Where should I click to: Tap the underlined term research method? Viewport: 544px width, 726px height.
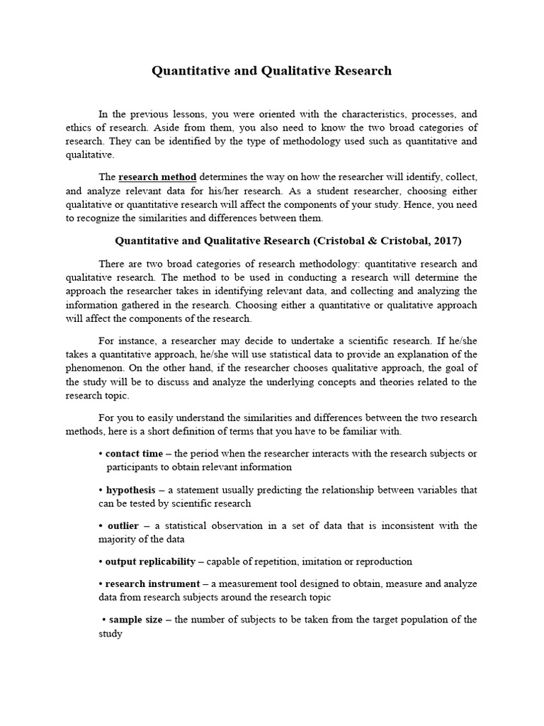click(157, 177)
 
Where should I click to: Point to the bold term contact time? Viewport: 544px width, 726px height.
click(134, 454)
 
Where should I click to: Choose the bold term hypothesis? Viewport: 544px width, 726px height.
click(130, 490)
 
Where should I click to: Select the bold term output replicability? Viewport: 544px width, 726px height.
click(150, 562)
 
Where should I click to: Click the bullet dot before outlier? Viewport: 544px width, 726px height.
click(101, 525)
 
